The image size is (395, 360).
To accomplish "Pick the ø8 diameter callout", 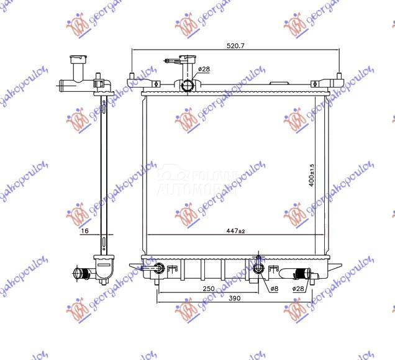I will point(274,289).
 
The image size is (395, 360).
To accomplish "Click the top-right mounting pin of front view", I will point(339,78).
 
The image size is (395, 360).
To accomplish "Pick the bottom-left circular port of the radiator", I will point(159,269).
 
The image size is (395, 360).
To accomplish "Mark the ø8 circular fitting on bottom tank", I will point(259,268).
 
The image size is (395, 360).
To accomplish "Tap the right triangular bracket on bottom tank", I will point(334,264).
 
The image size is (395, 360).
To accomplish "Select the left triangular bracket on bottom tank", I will point(135,266).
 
